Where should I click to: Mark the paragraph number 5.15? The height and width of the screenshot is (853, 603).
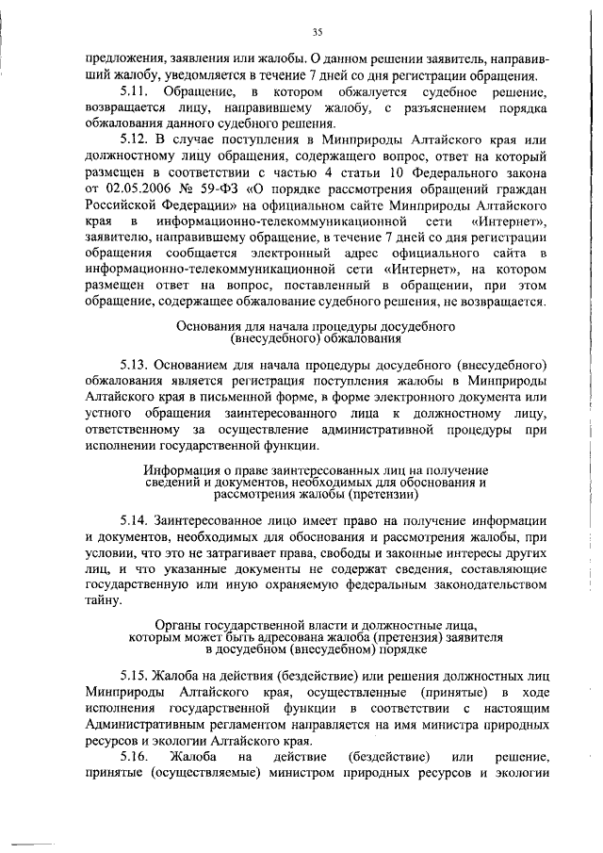coord(136,677)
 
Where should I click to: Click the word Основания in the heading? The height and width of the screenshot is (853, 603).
coord(208,325)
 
